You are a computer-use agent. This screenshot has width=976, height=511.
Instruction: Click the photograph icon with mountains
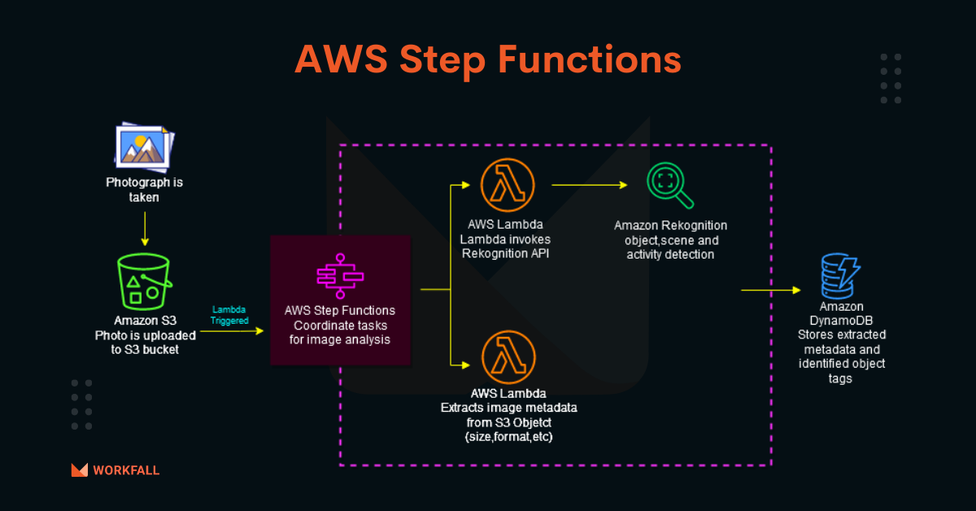[144, 146]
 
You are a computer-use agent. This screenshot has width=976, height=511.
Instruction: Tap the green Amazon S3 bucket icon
[144, 282]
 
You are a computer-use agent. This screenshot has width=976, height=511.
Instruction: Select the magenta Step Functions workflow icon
[340, 276]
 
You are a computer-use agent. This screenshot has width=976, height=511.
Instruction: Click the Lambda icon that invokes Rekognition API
[508, 186]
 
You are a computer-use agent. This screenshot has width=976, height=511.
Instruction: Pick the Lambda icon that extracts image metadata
[508, 357]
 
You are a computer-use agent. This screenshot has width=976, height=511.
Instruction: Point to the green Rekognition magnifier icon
[670, 186]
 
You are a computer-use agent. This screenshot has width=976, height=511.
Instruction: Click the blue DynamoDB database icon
[840, 276]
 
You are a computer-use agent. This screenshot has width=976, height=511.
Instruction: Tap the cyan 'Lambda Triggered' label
[229, 315]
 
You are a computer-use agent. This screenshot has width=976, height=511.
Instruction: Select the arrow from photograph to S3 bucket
[145, 229]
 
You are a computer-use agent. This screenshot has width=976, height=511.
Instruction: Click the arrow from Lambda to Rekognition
[590, 185]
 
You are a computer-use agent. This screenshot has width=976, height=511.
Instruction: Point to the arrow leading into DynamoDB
[771, 290]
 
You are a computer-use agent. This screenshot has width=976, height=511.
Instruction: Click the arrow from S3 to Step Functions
[232, 331]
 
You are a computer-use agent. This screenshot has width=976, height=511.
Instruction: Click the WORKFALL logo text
[126, 470]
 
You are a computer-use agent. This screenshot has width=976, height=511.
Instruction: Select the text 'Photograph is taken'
[144, 190]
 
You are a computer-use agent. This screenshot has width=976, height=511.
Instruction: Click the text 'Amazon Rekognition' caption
[670, 225]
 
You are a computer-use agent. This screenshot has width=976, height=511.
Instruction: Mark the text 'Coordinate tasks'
[340, 325]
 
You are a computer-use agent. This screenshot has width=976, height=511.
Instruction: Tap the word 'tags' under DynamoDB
[840, 378]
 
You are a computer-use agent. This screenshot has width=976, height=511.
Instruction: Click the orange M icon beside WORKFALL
[80, 470]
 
